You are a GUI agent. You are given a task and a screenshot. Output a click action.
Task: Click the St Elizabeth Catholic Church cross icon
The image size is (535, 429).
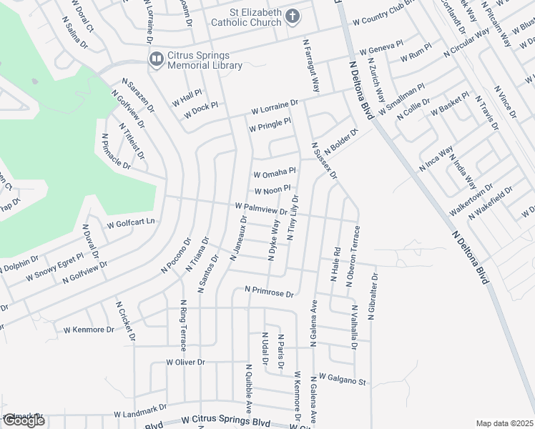(x=292, y=16)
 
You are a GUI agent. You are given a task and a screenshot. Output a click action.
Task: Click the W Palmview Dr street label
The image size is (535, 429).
(x=260, y=209)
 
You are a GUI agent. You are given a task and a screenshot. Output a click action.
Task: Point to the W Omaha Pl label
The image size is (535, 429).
(x=275, y=173)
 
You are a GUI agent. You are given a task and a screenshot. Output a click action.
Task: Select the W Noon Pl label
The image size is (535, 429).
(x=273, y=190)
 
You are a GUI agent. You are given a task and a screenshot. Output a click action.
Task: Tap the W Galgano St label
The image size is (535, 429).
(x=342, y=378)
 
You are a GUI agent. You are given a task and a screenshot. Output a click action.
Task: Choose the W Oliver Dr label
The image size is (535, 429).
(x=185, y=363)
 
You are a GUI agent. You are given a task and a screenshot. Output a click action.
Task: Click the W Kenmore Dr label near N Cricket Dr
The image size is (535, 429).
(x=89, y=330)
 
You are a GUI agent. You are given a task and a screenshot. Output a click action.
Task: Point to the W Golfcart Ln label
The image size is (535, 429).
(x=131, y=223)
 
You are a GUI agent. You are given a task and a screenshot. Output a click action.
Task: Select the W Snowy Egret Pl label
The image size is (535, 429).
(x=54, y=267)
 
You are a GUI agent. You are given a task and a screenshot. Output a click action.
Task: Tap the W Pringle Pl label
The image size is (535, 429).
(x=270, y=125)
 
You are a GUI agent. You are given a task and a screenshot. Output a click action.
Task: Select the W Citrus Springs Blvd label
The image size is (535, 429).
(x=226, y=422)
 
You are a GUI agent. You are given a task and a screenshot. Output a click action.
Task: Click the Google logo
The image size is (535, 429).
(x=24, y=420)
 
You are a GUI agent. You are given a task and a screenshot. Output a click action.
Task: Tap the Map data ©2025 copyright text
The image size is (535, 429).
(x=504, y=423)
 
